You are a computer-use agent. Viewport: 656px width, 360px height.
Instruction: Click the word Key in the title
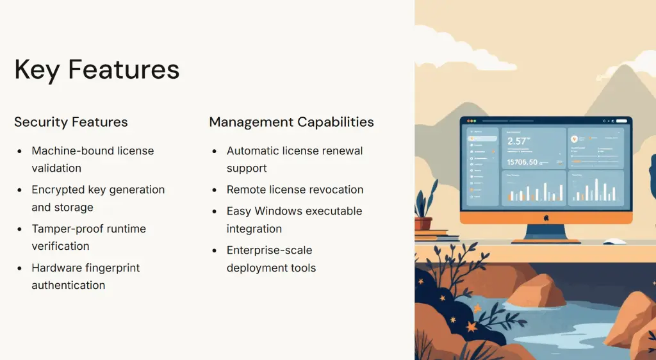pos(37,70)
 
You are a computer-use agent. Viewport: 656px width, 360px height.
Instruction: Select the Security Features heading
pos(71,122)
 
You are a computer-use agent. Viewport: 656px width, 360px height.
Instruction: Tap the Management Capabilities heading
pos(291,122)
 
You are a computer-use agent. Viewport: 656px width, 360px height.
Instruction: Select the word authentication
pos(68,285)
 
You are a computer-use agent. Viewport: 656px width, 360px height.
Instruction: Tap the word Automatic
pos(252,151)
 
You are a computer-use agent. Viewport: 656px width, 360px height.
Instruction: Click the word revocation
pos(337,190)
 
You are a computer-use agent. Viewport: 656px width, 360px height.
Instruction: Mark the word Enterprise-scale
pos(270,250)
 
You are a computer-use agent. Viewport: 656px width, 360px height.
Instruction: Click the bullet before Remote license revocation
pos(215,190)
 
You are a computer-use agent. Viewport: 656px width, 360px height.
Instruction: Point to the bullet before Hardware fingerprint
pos(20,268)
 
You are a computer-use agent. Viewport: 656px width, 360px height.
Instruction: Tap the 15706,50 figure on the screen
pos(522,162)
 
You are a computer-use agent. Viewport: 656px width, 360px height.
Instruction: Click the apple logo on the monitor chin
pos(546,218)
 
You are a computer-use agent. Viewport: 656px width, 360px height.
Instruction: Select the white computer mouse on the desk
pos(615,241)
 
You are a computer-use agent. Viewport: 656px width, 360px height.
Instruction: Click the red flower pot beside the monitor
pos(423,224)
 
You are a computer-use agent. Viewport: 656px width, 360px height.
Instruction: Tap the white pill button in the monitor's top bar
pos(622,121)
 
